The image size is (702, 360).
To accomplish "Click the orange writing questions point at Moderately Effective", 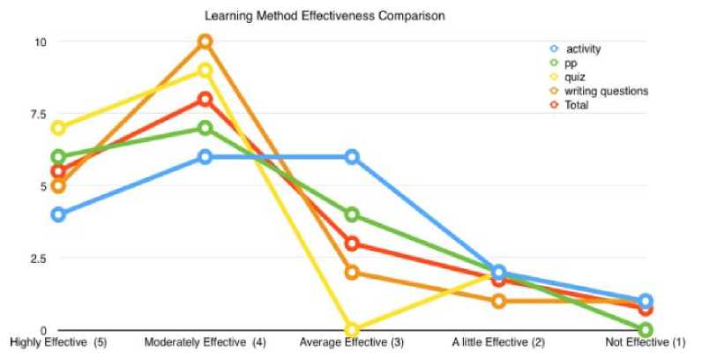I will pos(205,41).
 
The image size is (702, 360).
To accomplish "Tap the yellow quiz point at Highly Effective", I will pos(58,128).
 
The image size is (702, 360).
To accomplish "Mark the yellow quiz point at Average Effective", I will pos(352,330).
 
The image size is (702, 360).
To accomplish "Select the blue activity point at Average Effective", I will pos(352,157).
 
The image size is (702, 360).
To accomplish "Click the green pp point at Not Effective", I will pos(646,330).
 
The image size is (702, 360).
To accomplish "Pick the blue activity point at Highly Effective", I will pos(58,214).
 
